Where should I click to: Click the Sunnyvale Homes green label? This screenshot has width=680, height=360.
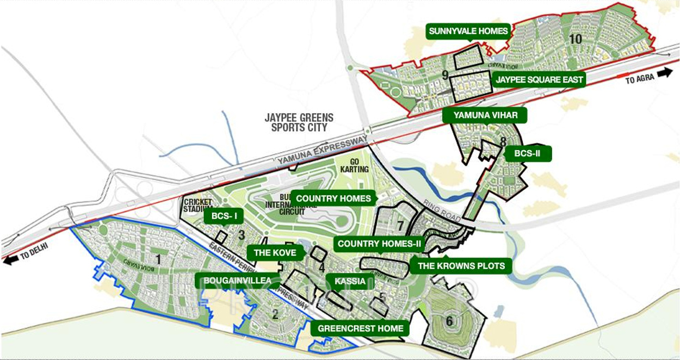click(468, 31)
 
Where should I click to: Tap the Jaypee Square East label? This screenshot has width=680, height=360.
click(539, 80)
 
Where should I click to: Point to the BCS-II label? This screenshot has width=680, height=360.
click(527, 154)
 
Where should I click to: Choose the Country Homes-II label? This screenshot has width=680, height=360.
click(379, 244)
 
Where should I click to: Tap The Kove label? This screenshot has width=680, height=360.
click(275, 252)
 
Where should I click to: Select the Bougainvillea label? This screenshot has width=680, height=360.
click(237, 281)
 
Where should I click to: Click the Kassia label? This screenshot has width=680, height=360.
click(350, 281)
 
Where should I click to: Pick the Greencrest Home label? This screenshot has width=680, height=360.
click(360, 328)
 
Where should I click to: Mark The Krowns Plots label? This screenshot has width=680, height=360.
click(461, 266)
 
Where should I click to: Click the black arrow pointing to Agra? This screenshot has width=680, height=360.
click(664, 73)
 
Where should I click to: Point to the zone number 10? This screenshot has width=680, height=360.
click(575, 39)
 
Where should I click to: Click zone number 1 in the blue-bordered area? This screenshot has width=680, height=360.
click(158, 259)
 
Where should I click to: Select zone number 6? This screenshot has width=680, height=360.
click(449, 321)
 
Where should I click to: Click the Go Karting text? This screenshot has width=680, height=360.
click(355, 166)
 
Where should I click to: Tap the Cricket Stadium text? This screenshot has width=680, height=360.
click(197, 206)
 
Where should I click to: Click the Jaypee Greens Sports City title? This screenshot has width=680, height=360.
click(299, 122)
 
